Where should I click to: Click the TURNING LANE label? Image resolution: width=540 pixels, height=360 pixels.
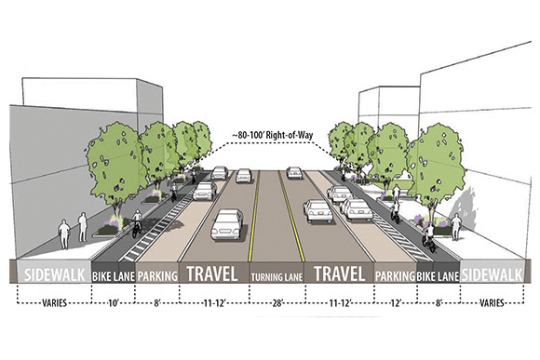279,276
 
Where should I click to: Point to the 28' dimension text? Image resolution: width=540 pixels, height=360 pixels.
279,303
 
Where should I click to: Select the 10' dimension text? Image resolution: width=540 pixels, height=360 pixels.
114,303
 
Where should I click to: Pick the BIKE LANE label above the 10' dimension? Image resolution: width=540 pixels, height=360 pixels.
114,276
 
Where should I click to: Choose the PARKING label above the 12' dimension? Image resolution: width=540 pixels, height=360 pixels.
395,276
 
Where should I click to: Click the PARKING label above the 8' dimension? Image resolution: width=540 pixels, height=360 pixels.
157,276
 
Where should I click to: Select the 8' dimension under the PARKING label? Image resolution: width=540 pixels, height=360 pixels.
157,303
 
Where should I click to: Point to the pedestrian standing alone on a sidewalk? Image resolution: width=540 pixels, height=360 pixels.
63,232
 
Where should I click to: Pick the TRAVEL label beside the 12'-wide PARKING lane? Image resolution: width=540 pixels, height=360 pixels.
342,275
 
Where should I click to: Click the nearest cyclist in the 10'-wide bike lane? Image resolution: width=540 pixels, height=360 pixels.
137,224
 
